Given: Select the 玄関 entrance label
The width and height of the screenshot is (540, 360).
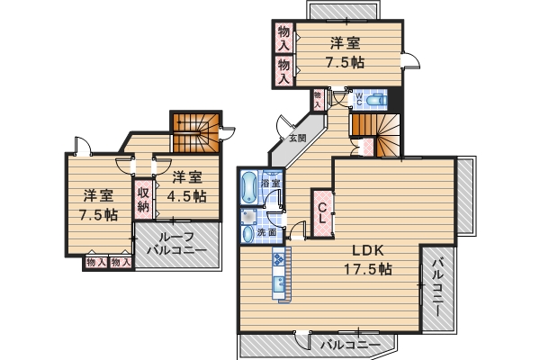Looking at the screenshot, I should click(297, 138).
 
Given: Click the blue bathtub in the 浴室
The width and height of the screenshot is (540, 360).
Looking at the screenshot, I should click(248, 190).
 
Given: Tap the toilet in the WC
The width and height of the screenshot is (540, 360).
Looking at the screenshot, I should click(374, 99).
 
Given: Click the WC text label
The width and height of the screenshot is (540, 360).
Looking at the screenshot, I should click(357, 96).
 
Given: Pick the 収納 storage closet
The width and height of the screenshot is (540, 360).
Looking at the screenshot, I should click(143, 199).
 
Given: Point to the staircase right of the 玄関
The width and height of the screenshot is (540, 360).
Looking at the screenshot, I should click(375, 132).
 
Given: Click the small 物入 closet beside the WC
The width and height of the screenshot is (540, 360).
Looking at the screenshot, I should click(318, 98).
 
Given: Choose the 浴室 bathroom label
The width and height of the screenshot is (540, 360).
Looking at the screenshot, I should click(270, 184).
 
